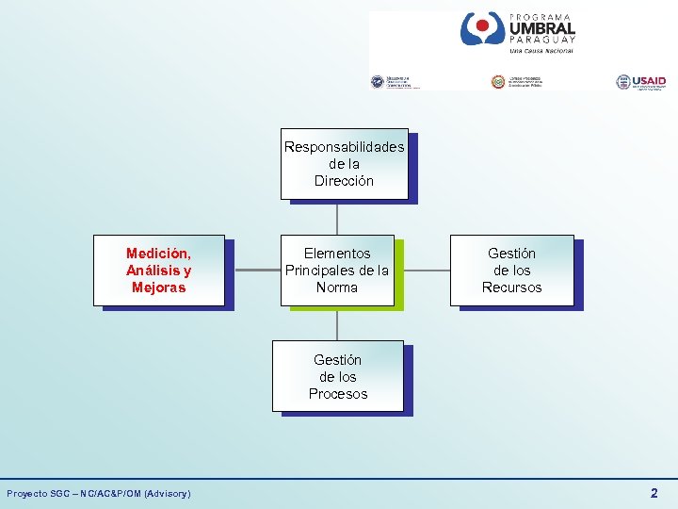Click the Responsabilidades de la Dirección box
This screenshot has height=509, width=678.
[344, 164]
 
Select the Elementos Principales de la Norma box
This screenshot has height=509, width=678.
[337, 271]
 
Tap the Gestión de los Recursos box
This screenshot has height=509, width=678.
[511, 271]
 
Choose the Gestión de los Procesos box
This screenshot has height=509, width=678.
[337, 376]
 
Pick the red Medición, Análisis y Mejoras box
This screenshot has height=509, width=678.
[158, 271]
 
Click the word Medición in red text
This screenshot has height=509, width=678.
[158, 254]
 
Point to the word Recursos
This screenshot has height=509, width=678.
[511, 287]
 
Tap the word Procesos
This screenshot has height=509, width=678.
[337, 394]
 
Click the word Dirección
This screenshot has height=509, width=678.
[344, 181]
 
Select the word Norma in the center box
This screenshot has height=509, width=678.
[337, 287]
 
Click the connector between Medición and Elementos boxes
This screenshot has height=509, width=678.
[252, 271]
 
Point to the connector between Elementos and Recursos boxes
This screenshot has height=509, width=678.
[422, 271]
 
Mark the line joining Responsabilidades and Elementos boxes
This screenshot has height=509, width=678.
[337, 217]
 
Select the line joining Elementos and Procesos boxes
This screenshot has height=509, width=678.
[337, 323]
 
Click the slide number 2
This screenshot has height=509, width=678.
[654, 493]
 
